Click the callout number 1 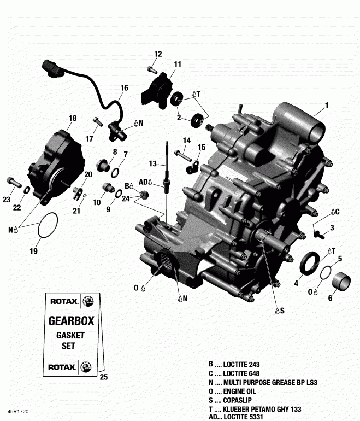327,105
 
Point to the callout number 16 125,87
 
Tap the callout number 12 158,54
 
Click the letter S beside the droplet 283,311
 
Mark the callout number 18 73,118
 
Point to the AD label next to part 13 143,182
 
